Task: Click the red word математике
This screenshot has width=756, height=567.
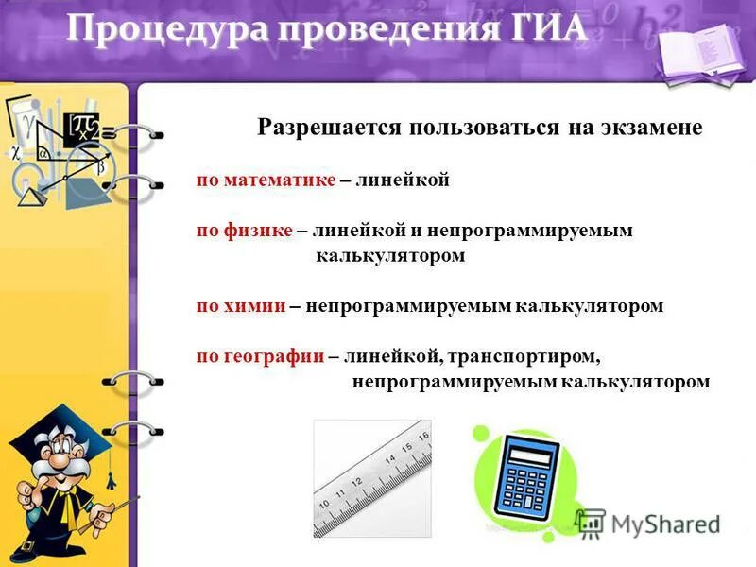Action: click(279, 180)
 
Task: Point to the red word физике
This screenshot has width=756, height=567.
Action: click(258, 230)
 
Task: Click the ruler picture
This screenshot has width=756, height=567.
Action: click(372, 477)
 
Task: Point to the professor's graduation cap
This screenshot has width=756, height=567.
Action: click(57, 430)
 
